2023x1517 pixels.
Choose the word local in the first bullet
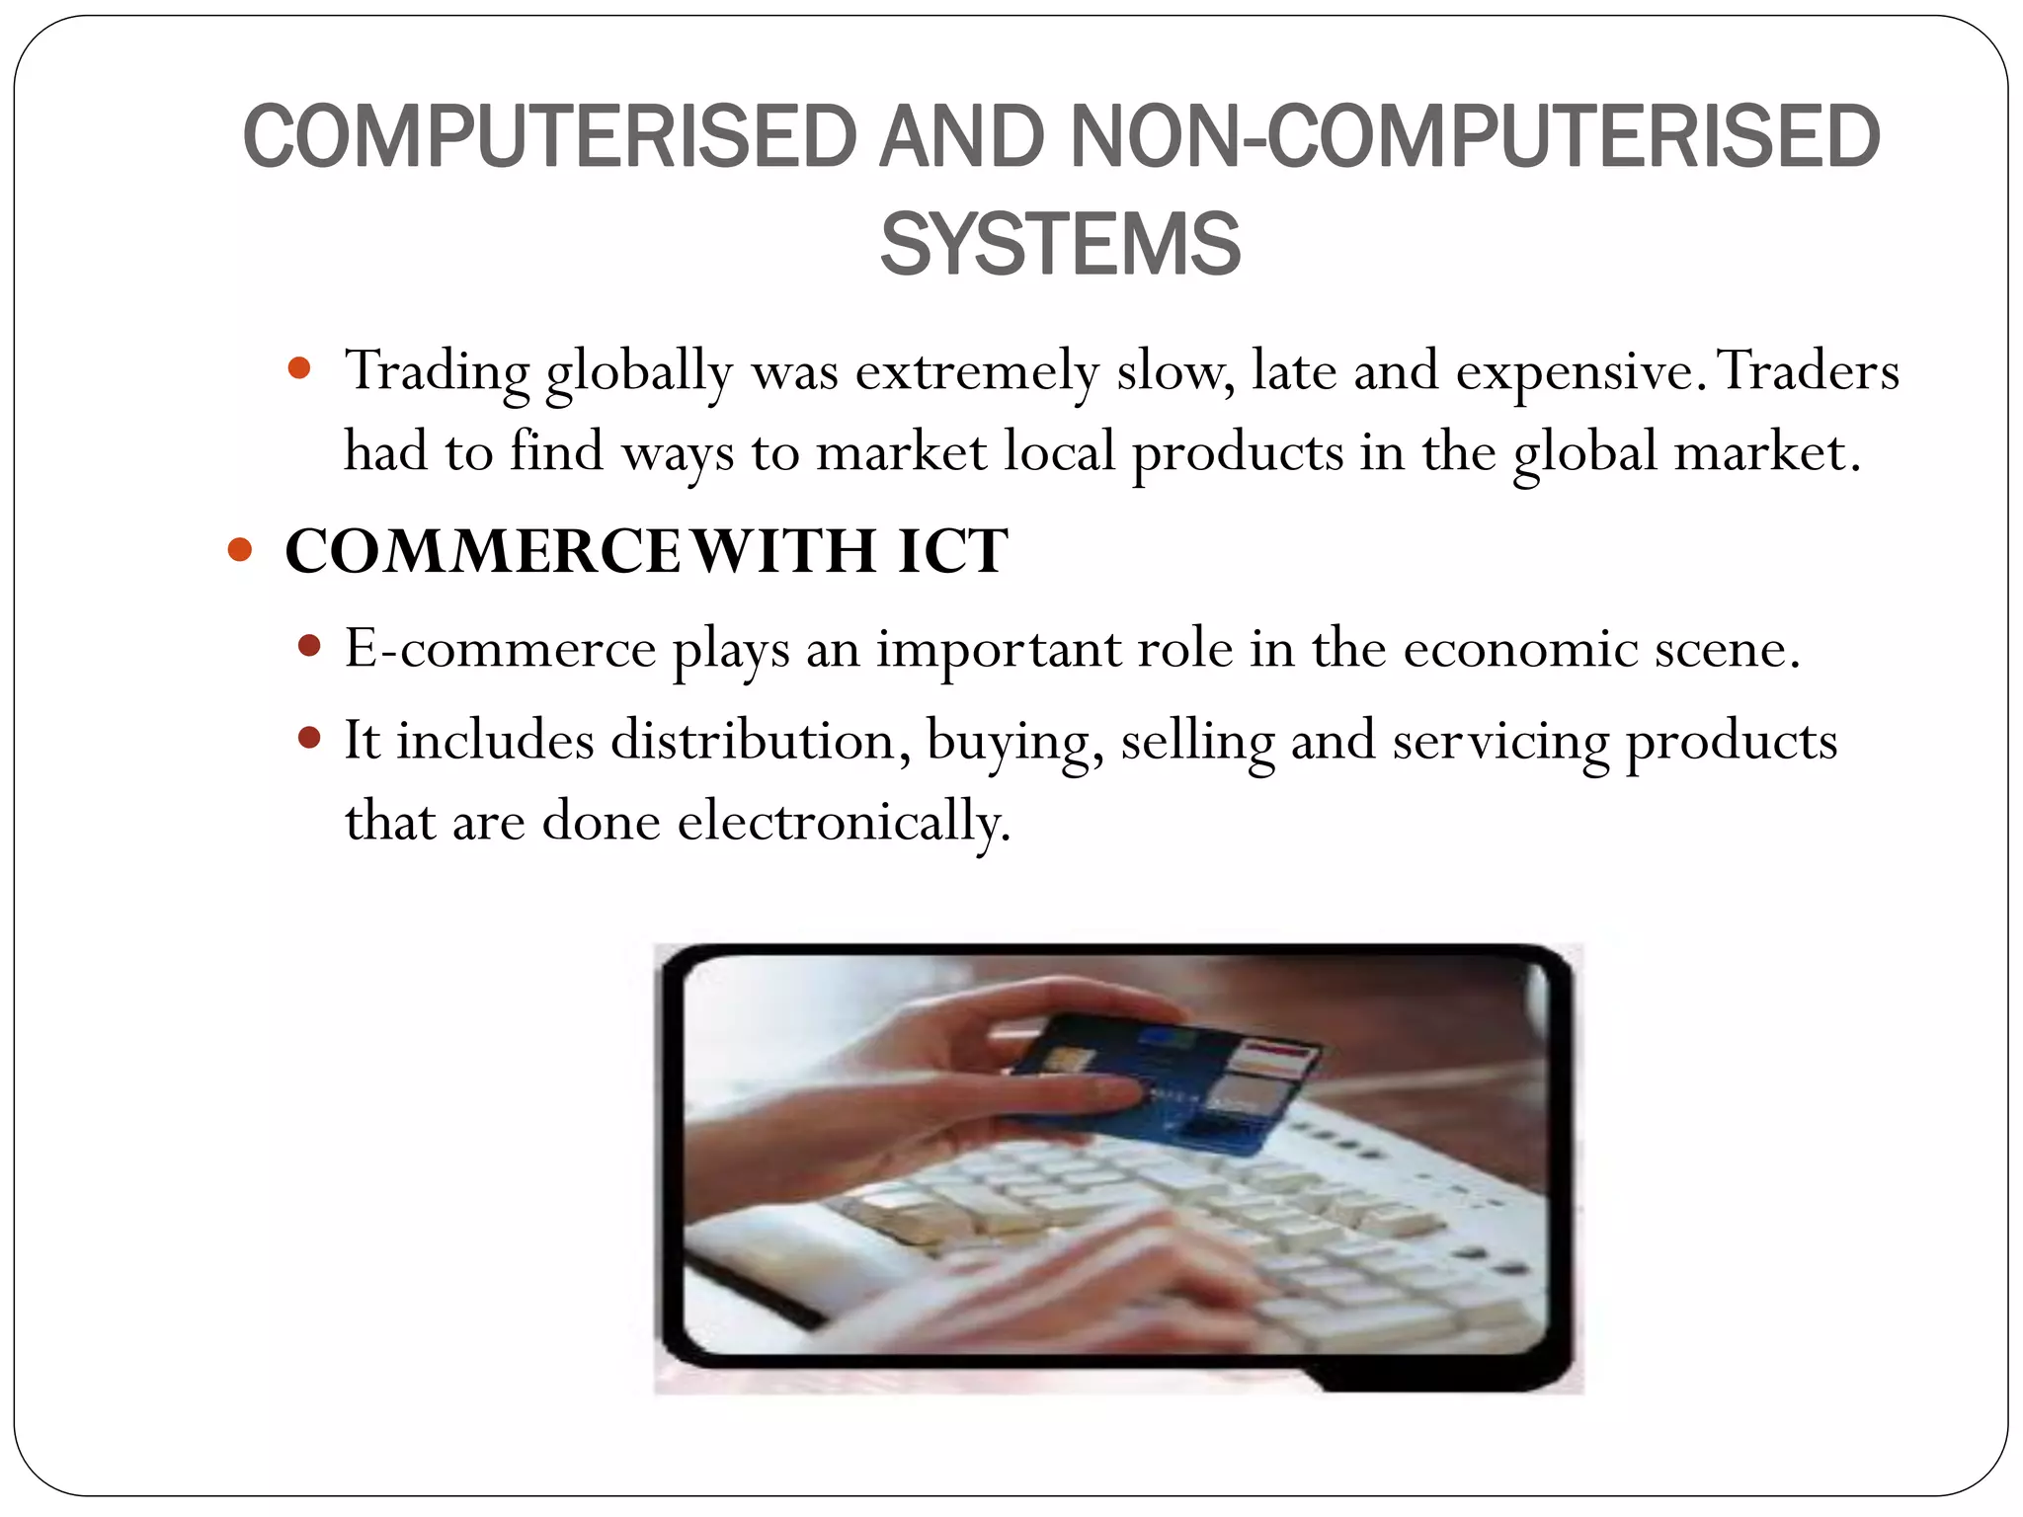pos(1059,452)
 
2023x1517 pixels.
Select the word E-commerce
pos(500,650)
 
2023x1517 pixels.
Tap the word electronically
pos(845,822)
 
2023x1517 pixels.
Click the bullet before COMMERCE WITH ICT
pos(240,549)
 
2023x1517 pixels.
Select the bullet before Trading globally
pos(299,369)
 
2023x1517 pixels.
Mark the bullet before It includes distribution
pos(309,738)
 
